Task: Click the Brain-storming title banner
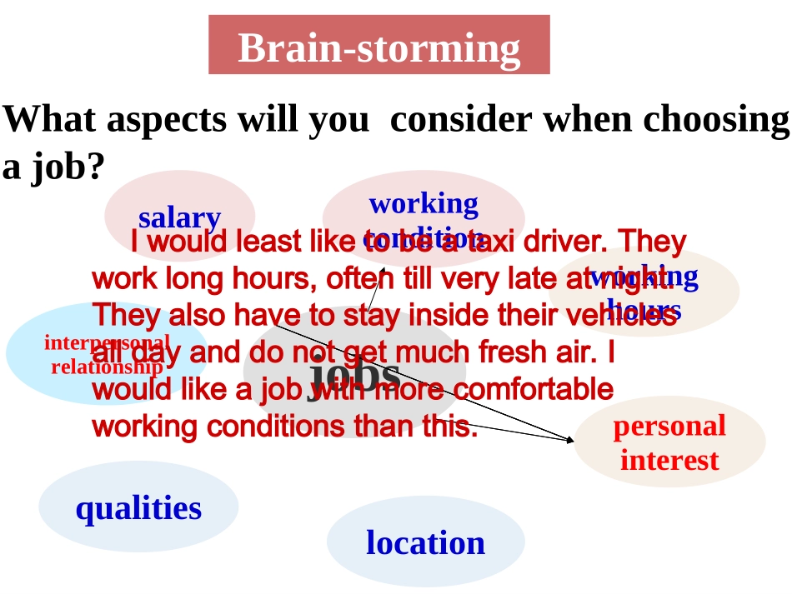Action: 378,46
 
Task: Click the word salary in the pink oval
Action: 179,218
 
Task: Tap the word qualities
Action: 138,508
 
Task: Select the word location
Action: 425,543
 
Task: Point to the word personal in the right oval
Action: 669,427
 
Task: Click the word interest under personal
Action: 669,461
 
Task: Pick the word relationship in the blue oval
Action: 107,367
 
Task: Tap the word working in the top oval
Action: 424,203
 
